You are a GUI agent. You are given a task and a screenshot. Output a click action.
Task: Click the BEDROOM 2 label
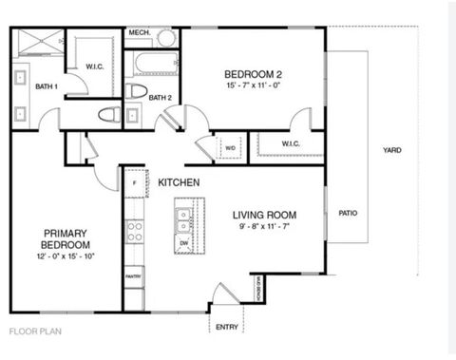click(253, 74)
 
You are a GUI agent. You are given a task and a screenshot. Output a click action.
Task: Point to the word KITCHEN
click(178, 181)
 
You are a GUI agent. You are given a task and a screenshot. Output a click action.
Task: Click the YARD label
click(391, 150)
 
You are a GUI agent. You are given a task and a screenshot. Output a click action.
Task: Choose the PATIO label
click(348, 213)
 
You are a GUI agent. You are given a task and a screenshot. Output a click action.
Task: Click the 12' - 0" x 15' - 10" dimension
click(66, 256)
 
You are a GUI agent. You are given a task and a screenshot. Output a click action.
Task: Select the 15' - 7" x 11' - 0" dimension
click(253, 87)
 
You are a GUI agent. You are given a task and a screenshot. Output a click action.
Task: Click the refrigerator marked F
click(135, 181)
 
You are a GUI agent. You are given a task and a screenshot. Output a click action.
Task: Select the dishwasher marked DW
click(182, 242)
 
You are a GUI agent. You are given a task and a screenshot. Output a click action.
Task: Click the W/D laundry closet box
click(231, 147)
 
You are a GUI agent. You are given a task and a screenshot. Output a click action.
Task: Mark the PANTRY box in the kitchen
click(134, 277)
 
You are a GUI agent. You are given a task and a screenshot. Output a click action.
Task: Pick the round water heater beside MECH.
click(167, 38)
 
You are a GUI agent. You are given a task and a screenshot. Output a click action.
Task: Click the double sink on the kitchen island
click(182, 220)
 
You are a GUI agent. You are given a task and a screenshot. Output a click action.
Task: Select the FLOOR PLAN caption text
click(35, 332)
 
